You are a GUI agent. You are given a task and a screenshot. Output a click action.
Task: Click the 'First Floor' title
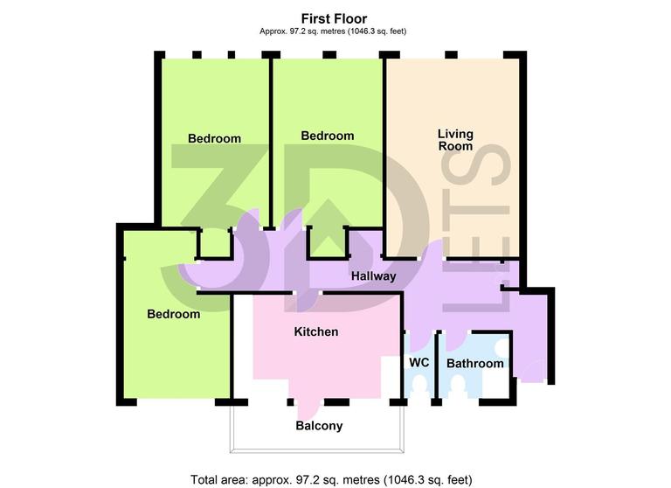pyautogui.click(x=335, y=17)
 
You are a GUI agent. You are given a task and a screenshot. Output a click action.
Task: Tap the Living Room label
pyautogui.click(x=455, y=140)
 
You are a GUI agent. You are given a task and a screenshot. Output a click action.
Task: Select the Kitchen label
pyautogui.click(x=315, y=332)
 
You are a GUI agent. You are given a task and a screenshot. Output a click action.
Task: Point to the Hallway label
pyautogui.click(x=374, y=276)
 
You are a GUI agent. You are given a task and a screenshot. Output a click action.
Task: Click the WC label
pyautogui.click(x=419, y=363)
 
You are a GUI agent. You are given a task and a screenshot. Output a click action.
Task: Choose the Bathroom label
pyautogui.click(x=474, y=364)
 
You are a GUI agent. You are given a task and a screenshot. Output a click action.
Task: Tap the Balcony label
pyautogui.click(x=318, y=427)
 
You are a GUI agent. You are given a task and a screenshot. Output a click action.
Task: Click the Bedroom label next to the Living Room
pyautogui.click(x=328, y=136)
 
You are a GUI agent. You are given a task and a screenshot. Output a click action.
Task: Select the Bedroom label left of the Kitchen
pyautogui.click(x=173, y=315)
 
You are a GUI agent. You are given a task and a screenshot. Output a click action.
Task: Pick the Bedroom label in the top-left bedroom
pyautogui.click(x=214, y=138)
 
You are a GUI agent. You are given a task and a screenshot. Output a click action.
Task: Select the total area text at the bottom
pyautogui.click(x=332, y=479)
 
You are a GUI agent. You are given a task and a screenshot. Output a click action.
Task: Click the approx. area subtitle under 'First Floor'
pyautogui.click(x=335, y=31)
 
